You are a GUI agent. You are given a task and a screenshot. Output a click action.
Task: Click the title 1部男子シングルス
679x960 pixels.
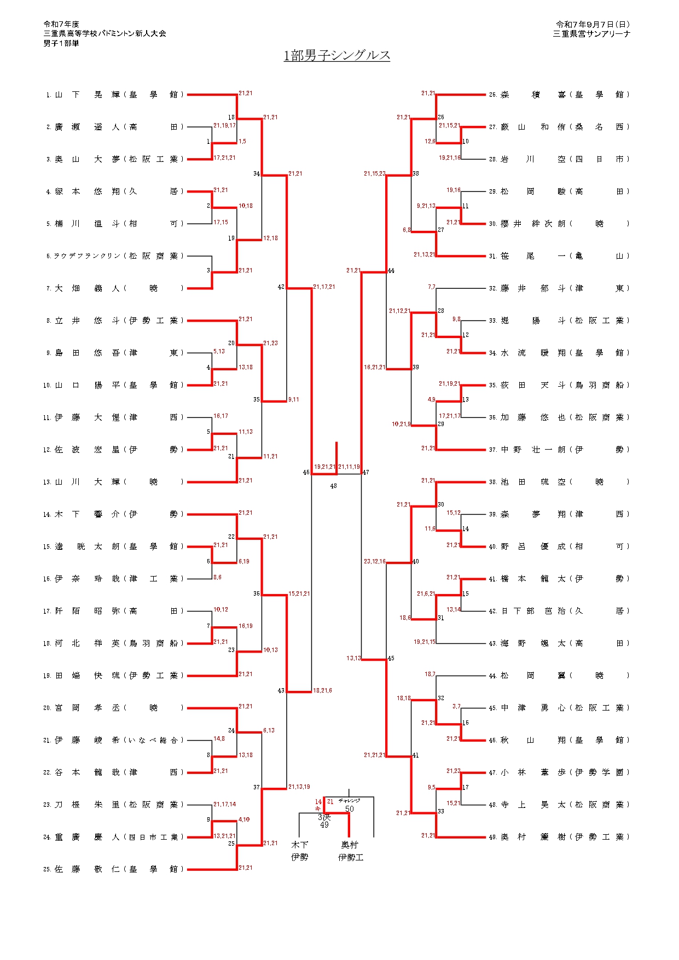336,56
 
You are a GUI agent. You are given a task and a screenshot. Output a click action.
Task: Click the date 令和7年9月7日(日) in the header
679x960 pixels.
593,25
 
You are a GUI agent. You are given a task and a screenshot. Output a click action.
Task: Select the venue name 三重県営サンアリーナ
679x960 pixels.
591,34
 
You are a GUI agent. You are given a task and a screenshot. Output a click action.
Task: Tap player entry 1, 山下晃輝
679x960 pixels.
115,95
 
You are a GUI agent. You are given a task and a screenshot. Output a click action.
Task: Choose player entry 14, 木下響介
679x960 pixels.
115,514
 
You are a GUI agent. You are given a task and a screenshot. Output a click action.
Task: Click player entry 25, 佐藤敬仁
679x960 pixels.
115,869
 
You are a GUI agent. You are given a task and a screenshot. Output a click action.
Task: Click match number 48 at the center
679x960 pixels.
334,486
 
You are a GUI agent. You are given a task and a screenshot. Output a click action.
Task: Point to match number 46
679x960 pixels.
306,472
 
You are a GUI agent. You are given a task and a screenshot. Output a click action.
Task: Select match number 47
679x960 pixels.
366,472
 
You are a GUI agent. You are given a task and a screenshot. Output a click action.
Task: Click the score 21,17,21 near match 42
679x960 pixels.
324,287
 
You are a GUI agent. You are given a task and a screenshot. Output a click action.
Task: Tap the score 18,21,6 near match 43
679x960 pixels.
322,690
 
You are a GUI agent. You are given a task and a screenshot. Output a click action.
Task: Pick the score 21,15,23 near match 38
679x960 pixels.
374,173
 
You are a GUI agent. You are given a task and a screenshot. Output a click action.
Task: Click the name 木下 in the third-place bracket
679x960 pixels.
299,845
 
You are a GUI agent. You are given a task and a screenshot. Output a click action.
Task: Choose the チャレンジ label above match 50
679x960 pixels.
349,801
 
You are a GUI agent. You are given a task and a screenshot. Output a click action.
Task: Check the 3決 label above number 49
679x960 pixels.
324,817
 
